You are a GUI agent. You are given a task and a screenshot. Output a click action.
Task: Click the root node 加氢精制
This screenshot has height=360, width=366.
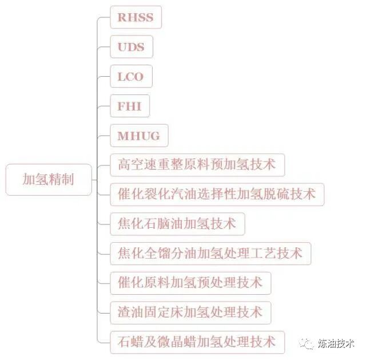pos(49,180)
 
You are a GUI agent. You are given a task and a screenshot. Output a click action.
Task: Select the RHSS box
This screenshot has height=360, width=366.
pos(136,17)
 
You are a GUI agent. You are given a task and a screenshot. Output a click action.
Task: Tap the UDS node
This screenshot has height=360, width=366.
pos(131,47)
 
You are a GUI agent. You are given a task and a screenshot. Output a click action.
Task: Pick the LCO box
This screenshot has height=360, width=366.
pos(130,77)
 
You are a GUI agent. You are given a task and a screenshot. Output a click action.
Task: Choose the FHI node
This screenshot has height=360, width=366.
pos(129,106)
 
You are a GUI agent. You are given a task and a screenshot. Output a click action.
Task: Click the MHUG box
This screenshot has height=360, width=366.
pos(139,136)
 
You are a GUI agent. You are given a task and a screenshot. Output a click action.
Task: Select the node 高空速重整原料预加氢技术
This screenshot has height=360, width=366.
pos(197,165)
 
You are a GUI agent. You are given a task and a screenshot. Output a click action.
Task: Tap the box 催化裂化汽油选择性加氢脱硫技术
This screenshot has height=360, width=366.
pos(217,194)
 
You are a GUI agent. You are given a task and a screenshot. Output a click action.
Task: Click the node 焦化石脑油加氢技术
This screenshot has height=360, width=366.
pos(177,224)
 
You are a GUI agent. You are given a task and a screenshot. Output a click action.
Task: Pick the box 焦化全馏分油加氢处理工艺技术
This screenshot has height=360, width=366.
pos(210,253)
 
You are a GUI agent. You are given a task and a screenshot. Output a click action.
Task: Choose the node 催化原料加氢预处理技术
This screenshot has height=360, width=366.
pos(190,283)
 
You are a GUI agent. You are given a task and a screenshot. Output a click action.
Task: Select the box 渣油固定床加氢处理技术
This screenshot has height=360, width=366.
pos(190,312)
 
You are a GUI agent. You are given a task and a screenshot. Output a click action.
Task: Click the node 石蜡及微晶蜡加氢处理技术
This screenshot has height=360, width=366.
pos(197,342)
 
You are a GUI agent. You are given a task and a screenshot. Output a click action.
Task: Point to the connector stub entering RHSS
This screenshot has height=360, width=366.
pos(104,17)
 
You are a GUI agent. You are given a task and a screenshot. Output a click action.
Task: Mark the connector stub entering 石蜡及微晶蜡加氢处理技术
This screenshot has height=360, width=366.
pos(104,342)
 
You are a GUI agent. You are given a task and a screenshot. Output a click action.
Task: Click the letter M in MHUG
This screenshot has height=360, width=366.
pos(123,136)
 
